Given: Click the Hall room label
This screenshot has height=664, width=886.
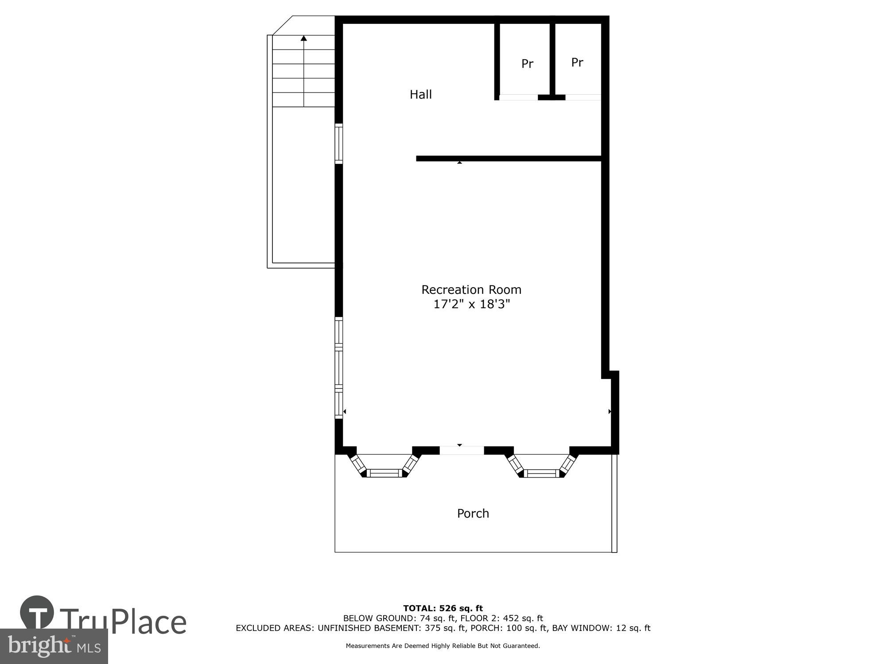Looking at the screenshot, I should pyautogui.click(x=420, y=94).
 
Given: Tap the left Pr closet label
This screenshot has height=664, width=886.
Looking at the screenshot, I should pyautogui.click(x=527, y=64).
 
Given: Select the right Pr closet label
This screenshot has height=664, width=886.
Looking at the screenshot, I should pyautogui.click(x=577, y=62).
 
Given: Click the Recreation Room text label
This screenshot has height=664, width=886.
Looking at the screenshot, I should pyautogui.click(x=471, y=290).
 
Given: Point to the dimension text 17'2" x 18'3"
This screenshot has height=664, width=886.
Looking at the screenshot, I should pyautogui.click(x=471, y=304).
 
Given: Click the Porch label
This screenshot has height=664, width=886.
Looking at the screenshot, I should pyautogui.click(x=473, y=513).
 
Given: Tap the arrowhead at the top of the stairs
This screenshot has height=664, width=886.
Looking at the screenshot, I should pyautogui.click(x=303, y=39).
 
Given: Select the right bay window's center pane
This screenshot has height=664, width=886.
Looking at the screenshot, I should pyautogui.click(x=542, y=473).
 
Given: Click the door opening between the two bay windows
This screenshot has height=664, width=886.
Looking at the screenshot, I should pyautogui.click(x=461, y=451).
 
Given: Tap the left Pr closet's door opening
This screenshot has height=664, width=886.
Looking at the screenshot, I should pyautogui.click(x=518, y=97).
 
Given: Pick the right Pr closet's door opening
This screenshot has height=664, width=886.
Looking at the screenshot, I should pyautogui.click(x=583, y=97).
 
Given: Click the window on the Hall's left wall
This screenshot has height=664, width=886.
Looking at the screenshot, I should pyautogui.click(x=338, y=143).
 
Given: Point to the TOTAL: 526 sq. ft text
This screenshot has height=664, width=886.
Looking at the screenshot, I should pyautogui.click(x=443, y=608).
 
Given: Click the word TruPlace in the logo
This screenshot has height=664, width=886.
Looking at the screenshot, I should pyautogui.click(x=123, y=622).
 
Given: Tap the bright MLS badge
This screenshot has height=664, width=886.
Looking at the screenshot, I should pyautogui.click(x=54, y=646).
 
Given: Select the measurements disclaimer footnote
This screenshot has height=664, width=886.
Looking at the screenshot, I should pyautogui.click(x=443, y=646).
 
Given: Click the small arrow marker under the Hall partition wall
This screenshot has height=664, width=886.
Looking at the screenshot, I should pyautogui.click(x=459, y=163).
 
